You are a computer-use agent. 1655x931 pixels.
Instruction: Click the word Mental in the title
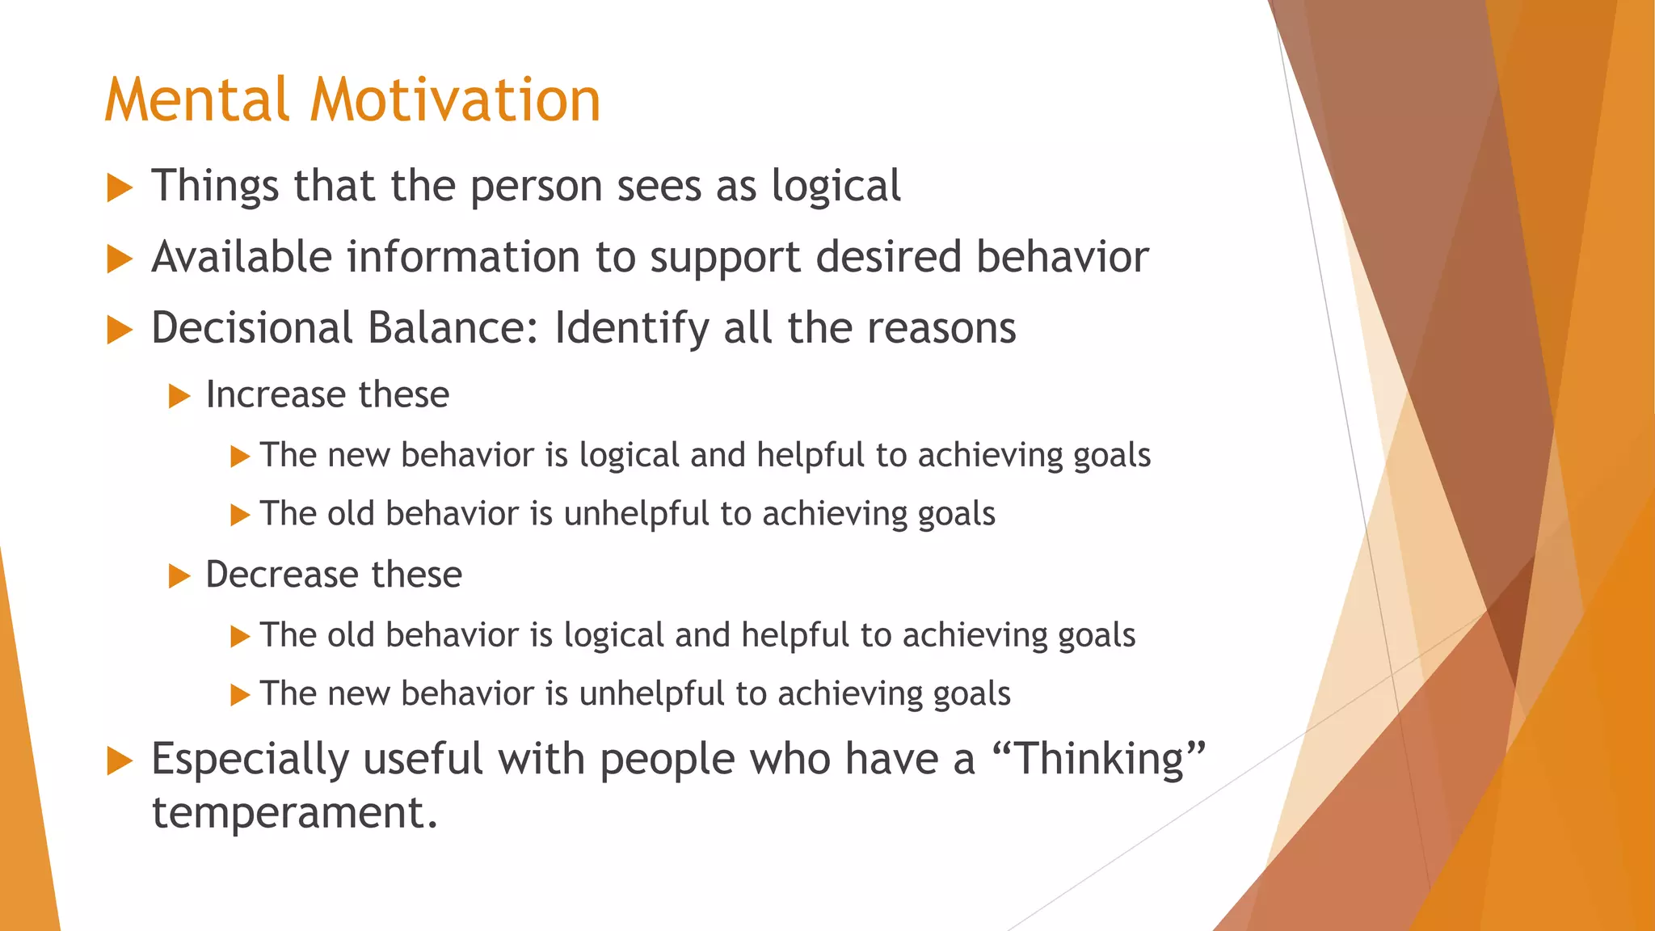coord(196,100)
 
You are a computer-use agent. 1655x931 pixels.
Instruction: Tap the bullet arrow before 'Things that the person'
coord(120,188)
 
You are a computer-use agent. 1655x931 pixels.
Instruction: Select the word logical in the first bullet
coord(836,187)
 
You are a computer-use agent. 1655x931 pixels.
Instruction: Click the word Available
coord(242,258)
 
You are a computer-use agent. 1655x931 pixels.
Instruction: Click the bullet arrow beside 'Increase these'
coord(179,397)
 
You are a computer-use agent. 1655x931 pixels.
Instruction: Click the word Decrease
coord(281,575)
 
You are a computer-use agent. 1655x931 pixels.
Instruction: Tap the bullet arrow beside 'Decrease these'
coord(179,577)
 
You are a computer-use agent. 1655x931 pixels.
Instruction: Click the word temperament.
coord(294,813)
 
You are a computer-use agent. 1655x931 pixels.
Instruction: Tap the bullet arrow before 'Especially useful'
coord(120,761)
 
